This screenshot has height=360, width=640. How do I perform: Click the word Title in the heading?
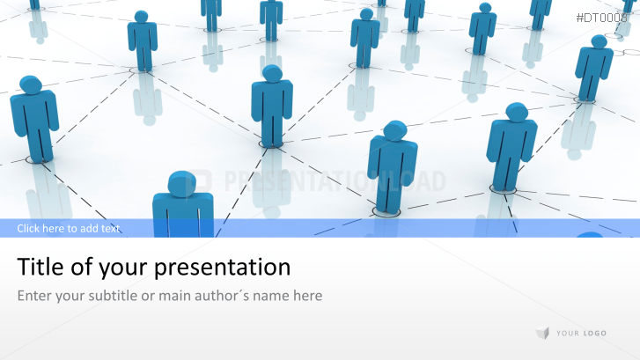pyautogui.click(x=40, y=267)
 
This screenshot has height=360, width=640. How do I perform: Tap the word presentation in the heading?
pyautogui.click(x=222, y=268)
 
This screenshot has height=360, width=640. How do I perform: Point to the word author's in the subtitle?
pyautogui.click(x=222, y=295)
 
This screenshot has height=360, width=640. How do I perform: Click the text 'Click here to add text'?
pyautogui.click(x=68, y=228)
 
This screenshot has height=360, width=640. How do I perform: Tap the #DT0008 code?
pyautogui.click(x=601, y=18)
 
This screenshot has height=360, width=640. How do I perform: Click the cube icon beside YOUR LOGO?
pyautogui.click(x=542, y=333)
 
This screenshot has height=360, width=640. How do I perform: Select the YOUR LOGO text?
pyautogui.click(x=581, y=334)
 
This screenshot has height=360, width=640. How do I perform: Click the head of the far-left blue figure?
pyautogui.click(x=31, y=84)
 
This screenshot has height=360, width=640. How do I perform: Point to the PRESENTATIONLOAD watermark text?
pyautogui.click(x=335, y=181)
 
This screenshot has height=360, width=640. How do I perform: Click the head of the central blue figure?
pyautogui.click(x=272, y=74)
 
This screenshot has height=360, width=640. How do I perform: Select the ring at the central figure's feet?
pyautogui.click(x=271, y=145)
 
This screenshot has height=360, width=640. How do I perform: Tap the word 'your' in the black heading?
pyautogui.click(x=124, y=269)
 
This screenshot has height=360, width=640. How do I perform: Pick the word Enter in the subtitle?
pyautogui.click(x=34, y=295)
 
